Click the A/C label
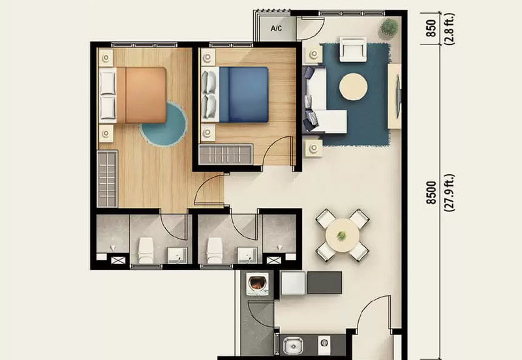click(275, 28)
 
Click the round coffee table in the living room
click(353, 87)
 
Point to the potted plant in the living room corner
click(389, 27)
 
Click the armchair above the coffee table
click(353, 48)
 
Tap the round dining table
click(342, 234)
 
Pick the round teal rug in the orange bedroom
click(163, 124)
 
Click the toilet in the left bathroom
click(146, 249)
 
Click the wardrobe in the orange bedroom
click(107, 178)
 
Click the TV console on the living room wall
click(394, 96)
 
